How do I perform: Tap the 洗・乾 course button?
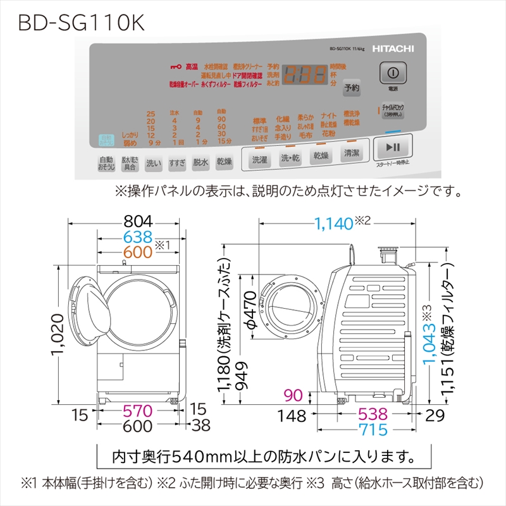pyautogui.click(x=290, y=157)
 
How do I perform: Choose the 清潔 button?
pyautogui.click(x=351, y=154)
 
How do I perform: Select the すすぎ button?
pyautogui.click(x=177, y=163)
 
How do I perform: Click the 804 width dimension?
pyautogui.click(x=139, y=222)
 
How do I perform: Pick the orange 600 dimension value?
pyautogui.click(x=139, y=252)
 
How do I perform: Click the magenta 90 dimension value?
pyautogui.click(x=293, y=395)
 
